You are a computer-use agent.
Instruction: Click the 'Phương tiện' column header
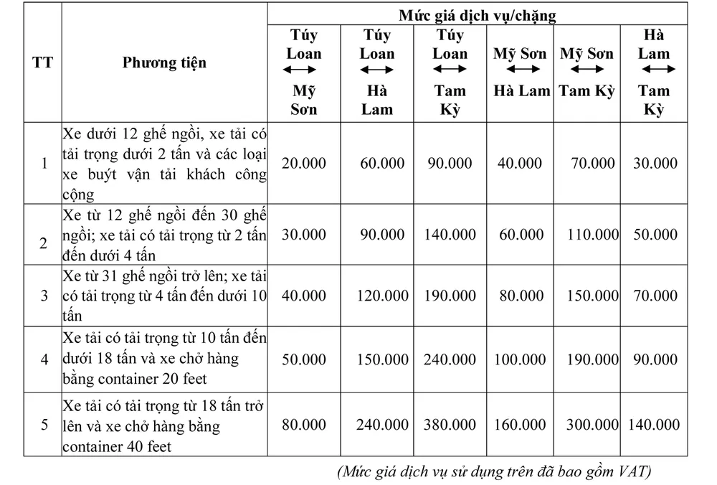click(164, 62)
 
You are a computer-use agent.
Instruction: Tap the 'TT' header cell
click(42, 62)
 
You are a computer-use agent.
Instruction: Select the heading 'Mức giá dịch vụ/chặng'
click(478, 14)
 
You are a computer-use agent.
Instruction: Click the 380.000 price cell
click(450, 424)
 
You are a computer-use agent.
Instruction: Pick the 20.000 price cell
click(303, 163)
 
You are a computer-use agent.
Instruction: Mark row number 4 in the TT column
click(43, 359)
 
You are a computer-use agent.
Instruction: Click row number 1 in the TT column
click(43, 163)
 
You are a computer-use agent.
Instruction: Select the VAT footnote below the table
click(493, 471)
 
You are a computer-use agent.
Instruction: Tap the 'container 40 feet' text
click(118, 446)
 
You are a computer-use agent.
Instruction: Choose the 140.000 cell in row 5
click(653, 424)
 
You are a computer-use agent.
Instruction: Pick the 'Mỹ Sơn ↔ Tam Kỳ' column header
click(587, 72)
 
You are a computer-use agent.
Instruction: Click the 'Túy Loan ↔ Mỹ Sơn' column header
click(303, 72)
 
